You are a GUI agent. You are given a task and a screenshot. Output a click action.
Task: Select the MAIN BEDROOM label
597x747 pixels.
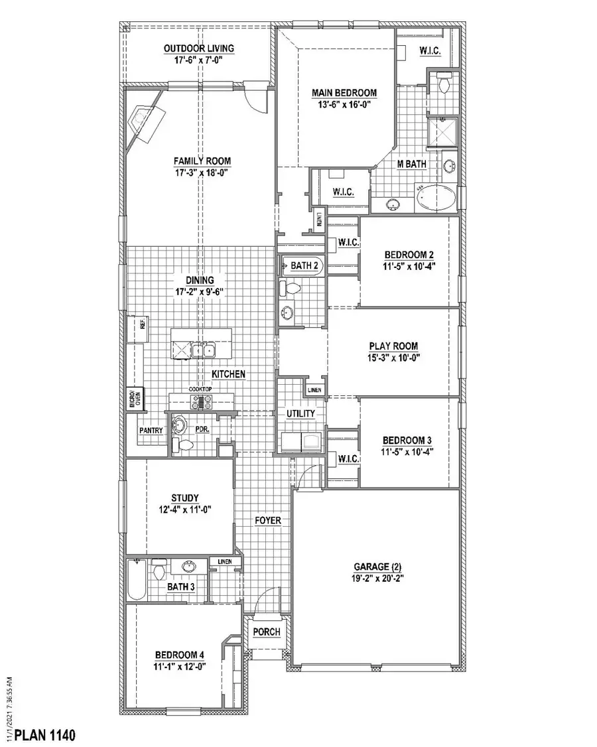(345, 93)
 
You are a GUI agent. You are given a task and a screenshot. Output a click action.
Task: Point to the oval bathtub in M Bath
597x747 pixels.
(435, 198)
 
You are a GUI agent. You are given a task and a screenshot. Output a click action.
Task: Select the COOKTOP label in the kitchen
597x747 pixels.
(200, 389)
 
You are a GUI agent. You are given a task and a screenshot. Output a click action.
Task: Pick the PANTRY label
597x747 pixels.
(151, 431)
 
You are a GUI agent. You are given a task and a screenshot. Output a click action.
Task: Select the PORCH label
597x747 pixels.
(267, 632)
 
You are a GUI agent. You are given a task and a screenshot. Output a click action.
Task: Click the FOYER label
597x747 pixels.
(268, 521)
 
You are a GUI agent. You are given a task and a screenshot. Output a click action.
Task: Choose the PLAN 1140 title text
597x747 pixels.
(45, 735)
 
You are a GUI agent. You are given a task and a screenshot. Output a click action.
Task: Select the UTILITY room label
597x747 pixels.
(300, 413)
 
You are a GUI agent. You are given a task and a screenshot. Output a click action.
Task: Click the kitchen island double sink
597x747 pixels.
(202, 350)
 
